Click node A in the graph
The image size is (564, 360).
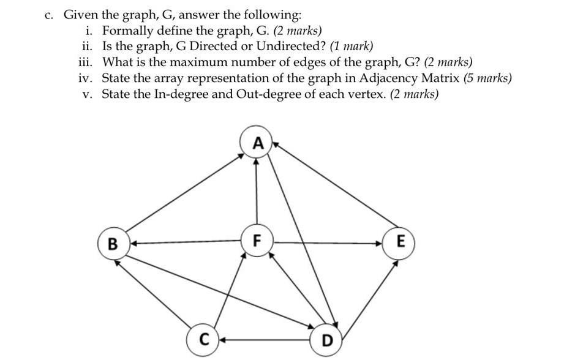click(258, 143)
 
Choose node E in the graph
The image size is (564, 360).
click(400, 241)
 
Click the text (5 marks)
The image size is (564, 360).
click(487, 78)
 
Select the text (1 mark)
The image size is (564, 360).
click(351, 46)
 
